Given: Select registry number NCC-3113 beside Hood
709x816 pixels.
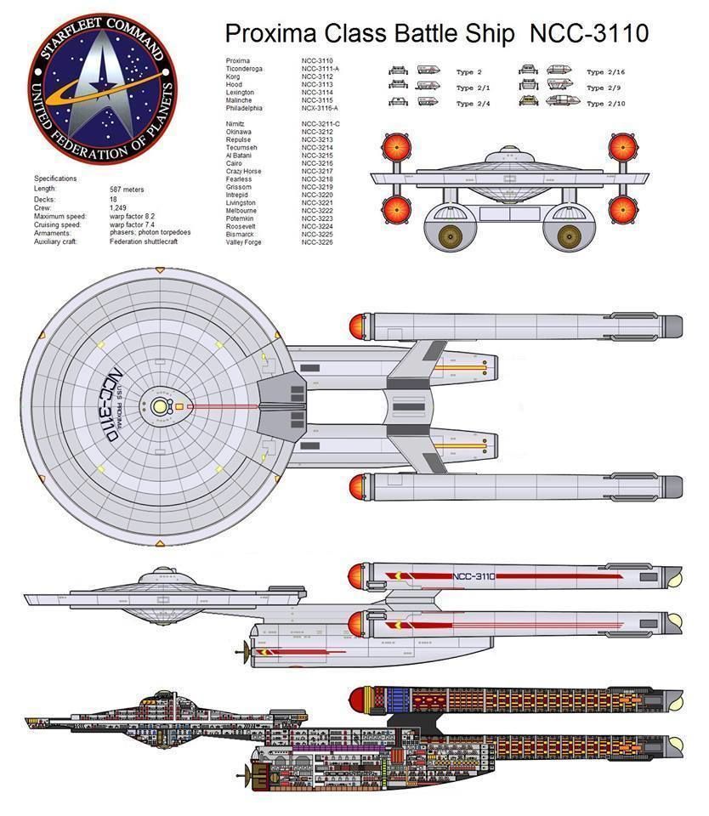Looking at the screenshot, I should pos(316,84).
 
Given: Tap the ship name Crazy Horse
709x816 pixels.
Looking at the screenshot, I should pos(244,172).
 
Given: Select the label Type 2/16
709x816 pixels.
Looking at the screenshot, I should pos(607,72).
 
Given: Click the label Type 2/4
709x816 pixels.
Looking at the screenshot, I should pos(476,104).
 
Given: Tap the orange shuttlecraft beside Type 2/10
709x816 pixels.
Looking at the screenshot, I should pos(528,102).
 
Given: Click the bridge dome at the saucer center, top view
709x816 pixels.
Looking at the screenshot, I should pos(159,407).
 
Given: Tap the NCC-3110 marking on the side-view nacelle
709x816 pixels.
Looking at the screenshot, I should pos(474,576).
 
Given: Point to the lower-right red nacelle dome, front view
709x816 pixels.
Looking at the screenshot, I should pos(623,207).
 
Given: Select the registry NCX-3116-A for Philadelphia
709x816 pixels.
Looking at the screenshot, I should pos(320,108).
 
